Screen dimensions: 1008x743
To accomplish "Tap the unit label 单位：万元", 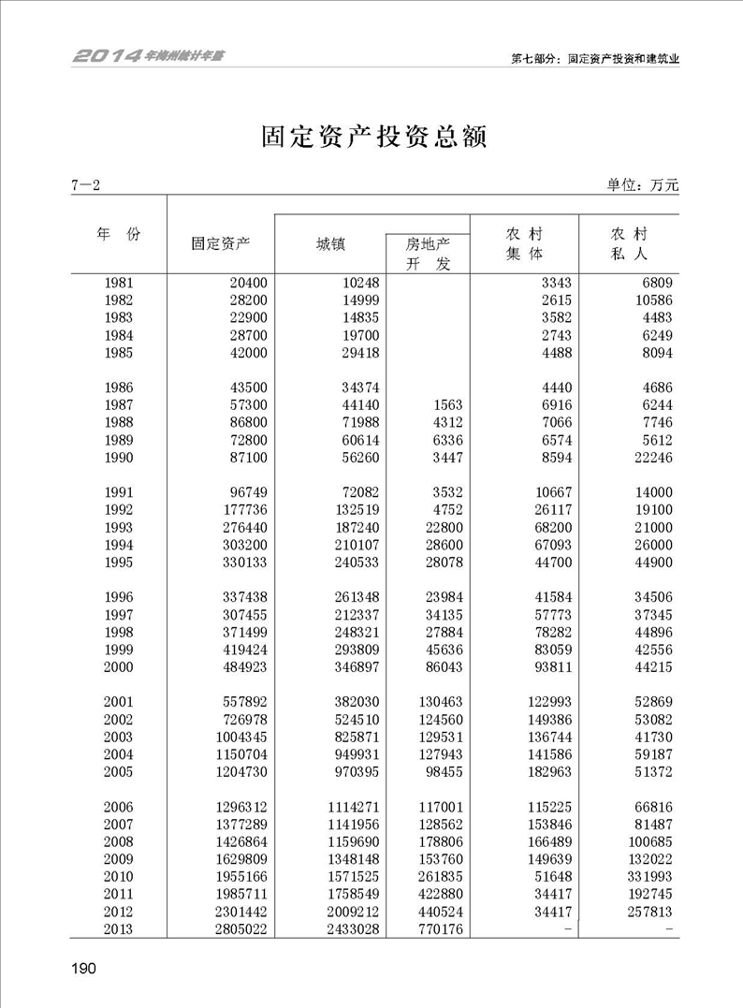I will (642, 185).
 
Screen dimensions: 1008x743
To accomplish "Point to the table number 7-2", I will (84, 185).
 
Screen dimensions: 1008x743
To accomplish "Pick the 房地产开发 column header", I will (428, 254).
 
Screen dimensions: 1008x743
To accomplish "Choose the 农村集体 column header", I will (524, 243).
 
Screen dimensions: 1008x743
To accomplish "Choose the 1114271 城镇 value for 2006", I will (348, 807).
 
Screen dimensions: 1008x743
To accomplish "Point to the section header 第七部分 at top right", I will (594, 58).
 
